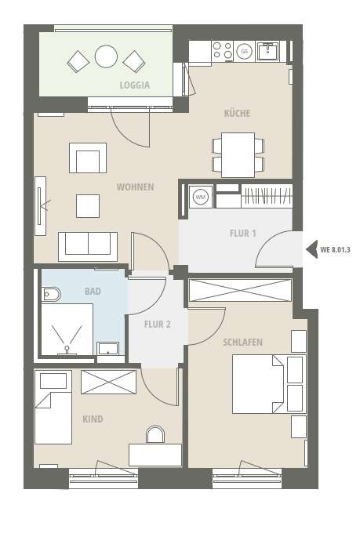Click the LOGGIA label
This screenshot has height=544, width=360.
135,85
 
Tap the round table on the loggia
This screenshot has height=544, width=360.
106,56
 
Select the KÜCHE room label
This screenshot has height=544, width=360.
237,113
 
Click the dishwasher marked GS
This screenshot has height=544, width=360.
245,52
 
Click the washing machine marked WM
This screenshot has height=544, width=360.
201,197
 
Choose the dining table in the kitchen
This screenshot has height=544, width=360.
238,154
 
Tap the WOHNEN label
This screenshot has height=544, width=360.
135,187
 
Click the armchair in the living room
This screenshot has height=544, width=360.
88,158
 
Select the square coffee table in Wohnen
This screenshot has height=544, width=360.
88,206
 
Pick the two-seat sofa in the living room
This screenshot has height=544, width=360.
88,247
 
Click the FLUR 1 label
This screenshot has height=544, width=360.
243,234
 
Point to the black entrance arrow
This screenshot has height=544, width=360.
311,249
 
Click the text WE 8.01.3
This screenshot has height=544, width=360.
335,249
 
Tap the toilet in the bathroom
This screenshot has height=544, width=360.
51,295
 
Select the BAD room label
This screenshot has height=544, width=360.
93,291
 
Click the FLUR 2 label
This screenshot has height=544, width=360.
158,325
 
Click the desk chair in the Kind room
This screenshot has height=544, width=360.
155,434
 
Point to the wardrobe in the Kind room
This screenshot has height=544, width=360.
109,382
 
